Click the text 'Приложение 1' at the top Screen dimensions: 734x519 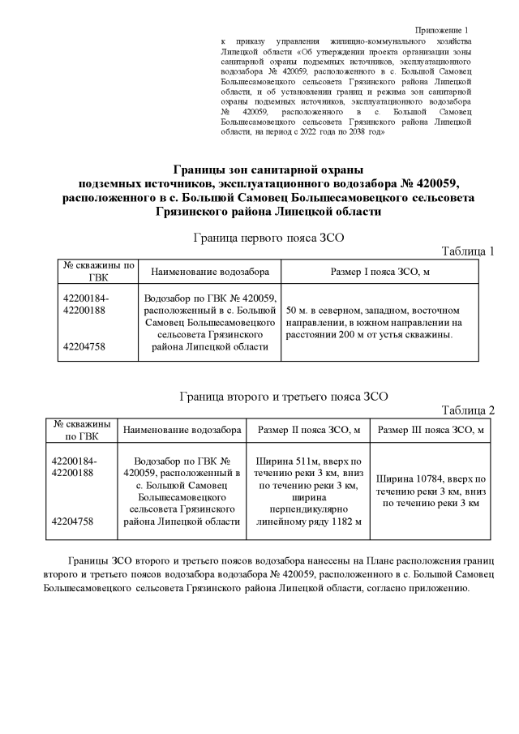point(448,29)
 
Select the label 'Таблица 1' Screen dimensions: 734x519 point(467,251)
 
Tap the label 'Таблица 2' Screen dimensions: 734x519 point(467,410)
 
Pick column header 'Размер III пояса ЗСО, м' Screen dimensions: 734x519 point(431,429)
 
